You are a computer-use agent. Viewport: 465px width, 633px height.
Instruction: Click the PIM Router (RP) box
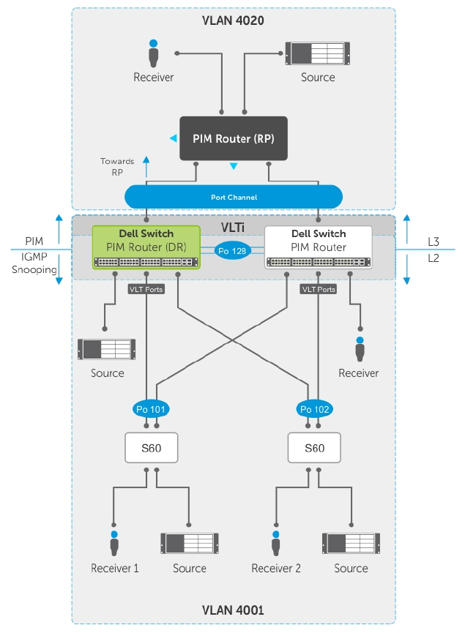pos(234,138)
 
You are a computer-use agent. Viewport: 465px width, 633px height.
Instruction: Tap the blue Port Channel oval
pos(234,196)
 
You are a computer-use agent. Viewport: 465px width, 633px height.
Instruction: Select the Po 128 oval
pos(231,250)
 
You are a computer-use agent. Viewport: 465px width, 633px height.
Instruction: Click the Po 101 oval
pos(151,408)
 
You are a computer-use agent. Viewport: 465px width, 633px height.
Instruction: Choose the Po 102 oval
pos(315,408)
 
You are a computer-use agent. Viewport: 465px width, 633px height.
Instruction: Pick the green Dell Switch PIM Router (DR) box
pos(146,247)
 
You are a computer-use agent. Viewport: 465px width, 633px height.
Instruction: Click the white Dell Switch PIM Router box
pos(318,247)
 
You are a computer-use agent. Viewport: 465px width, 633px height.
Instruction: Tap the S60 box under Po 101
pos(151,447)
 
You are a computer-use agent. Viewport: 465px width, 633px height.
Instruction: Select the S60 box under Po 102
pos(315,447)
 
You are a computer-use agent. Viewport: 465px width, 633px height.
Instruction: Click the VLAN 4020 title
pos(233,20)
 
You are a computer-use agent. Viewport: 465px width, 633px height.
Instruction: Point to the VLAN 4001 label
pos(233,609)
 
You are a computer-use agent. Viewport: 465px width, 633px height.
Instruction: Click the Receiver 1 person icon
pos(114,543)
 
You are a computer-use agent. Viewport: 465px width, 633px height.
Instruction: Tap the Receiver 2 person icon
pos(276,543)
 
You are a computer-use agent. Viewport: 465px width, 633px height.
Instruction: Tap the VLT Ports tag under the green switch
pos(146,289)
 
